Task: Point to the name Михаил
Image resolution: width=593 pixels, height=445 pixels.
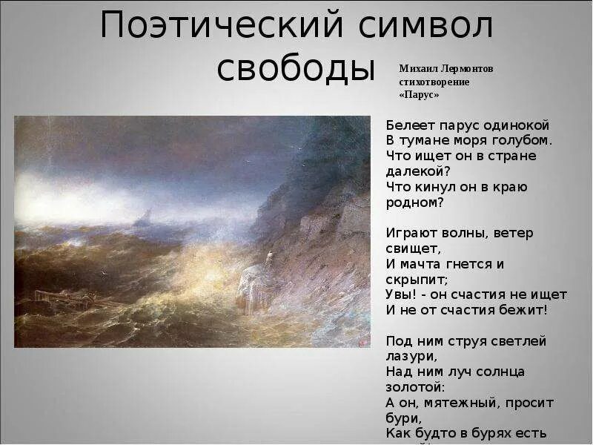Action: click(414, 68)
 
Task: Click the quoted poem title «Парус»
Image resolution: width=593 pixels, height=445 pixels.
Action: click(419, 95)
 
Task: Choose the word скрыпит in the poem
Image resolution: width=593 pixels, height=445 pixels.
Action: click(415, 280)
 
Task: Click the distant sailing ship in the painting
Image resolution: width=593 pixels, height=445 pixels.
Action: click(145, 217)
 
